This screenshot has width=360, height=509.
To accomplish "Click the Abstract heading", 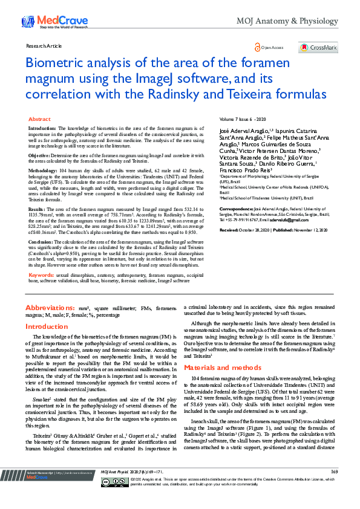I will (39, 120).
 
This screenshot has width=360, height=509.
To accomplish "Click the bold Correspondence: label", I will (238, 207).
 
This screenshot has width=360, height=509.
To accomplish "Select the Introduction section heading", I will (46, 326).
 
